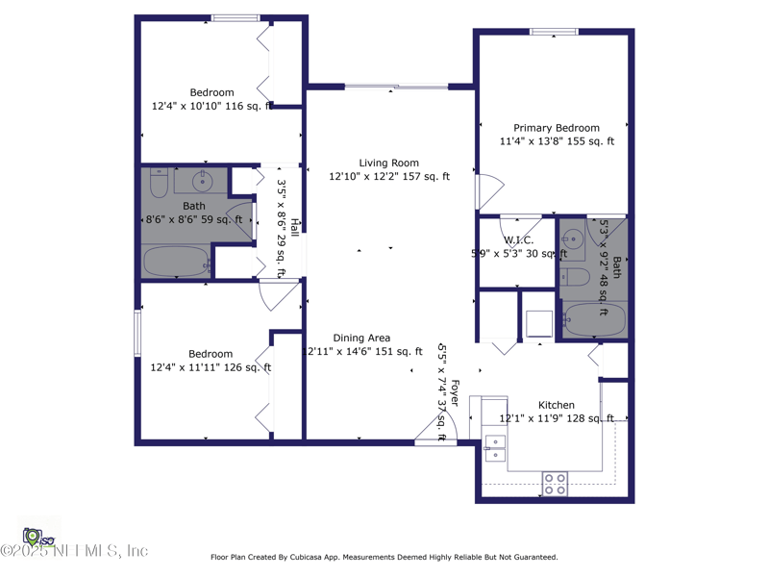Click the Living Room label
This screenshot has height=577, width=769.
point(388,163)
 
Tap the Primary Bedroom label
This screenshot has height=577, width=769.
point(556,128)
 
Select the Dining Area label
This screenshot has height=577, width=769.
point(361,338)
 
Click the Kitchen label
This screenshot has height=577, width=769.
point(556,405)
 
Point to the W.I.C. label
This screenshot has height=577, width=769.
point(518,240)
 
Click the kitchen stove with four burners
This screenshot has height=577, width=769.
point(555,484)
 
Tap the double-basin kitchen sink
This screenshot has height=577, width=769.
point(495,449)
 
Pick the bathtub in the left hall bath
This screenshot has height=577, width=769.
point(177,262)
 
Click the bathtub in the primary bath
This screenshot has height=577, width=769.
point(594,319)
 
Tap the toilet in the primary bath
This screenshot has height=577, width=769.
point(576,278)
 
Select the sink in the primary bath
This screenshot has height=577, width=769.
point(573,239)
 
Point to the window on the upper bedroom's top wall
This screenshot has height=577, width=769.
point(236,17)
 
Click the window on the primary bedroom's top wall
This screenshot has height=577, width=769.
point(554,33)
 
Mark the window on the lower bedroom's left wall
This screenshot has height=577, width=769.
point(137,334)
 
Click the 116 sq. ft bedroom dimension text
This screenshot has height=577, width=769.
point(211,106)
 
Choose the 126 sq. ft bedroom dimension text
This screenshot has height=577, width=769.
point(211,367)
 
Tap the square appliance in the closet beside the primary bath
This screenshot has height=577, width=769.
point(539,323)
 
